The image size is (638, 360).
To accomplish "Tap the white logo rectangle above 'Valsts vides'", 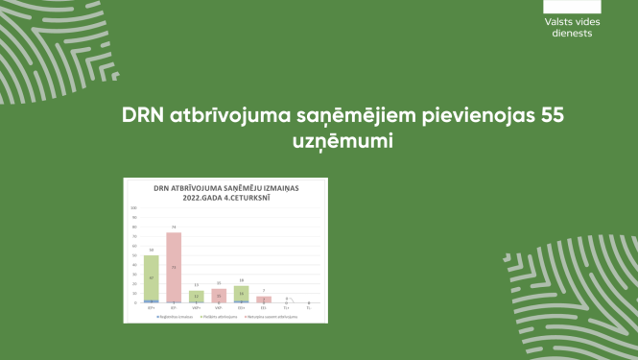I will (x=572, y=6).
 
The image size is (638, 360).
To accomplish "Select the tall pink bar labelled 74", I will (x=174, y=267).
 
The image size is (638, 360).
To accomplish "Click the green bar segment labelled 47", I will (x=151, y=277).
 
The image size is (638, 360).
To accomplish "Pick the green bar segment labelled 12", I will (x=197, y=296).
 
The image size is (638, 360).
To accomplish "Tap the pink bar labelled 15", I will (x=220, y=296).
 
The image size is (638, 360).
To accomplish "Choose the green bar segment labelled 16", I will (x=242, y=293).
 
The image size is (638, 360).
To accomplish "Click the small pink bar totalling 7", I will (x=264, y=299).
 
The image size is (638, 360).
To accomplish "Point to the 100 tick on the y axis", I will (x=133, y=207).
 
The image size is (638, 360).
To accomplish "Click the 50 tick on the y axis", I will (x=134, y=254).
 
